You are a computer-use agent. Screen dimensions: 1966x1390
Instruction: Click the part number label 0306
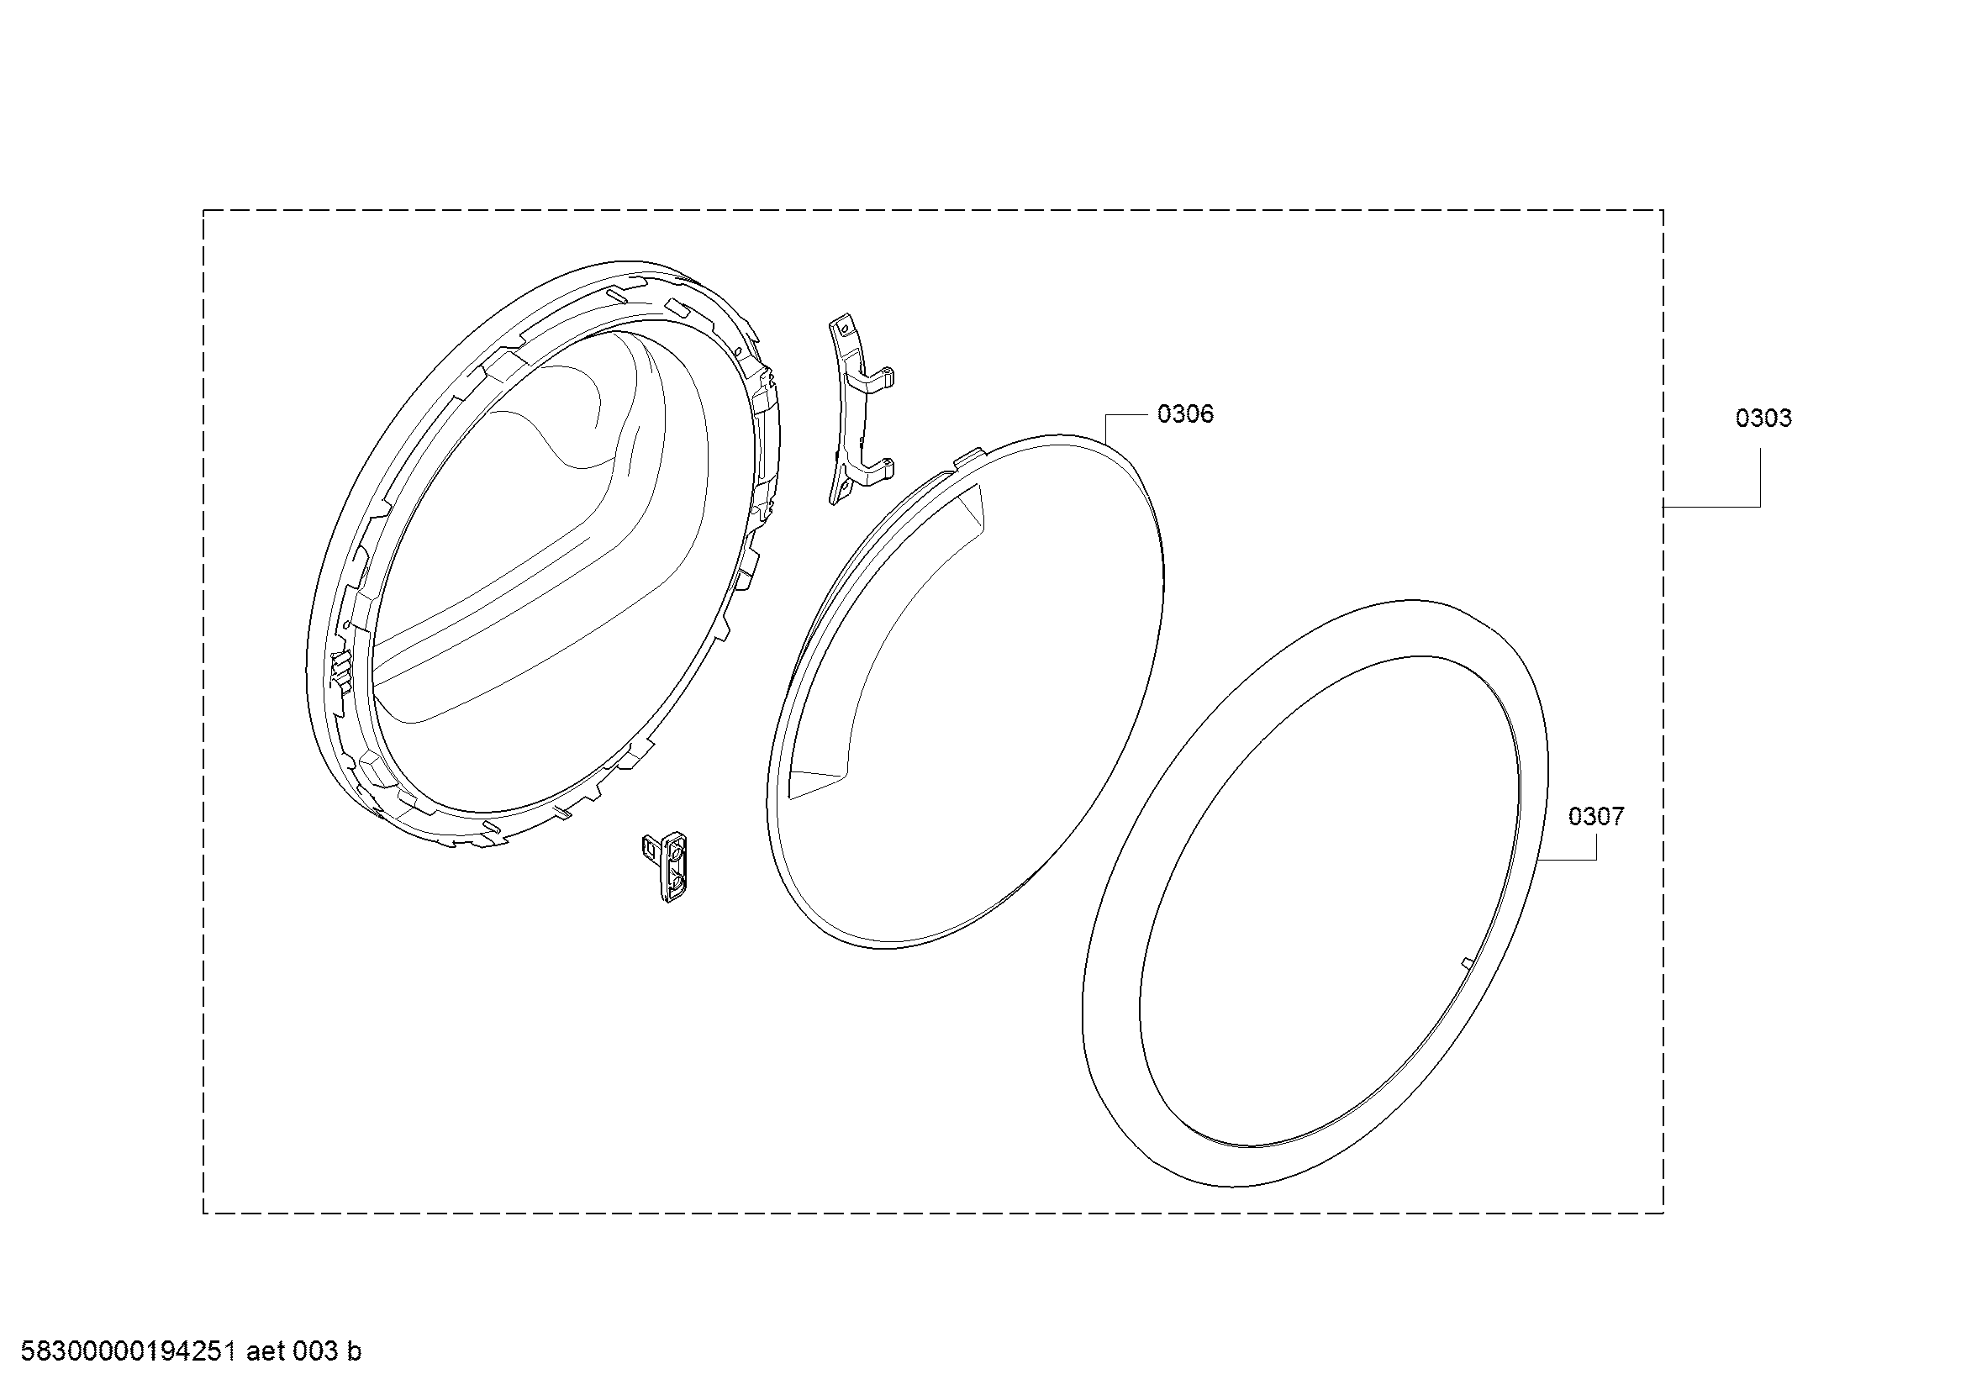[x=1185, y=414]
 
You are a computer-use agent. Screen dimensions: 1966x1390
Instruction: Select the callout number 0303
[x=1763, y=419]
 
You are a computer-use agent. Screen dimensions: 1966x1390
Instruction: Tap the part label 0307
[x=1596, y=817]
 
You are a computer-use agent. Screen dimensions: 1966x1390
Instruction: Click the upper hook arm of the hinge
[x=873, y=379]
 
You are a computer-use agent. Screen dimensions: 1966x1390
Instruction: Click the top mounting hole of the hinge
[x=843, y=326]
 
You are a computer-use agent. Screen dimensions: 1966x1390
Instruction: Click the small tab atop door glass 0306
[x=967, y=461]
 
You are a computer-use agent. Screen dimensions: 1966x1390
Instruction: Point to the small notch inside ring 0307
[x=1464, y=963]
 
